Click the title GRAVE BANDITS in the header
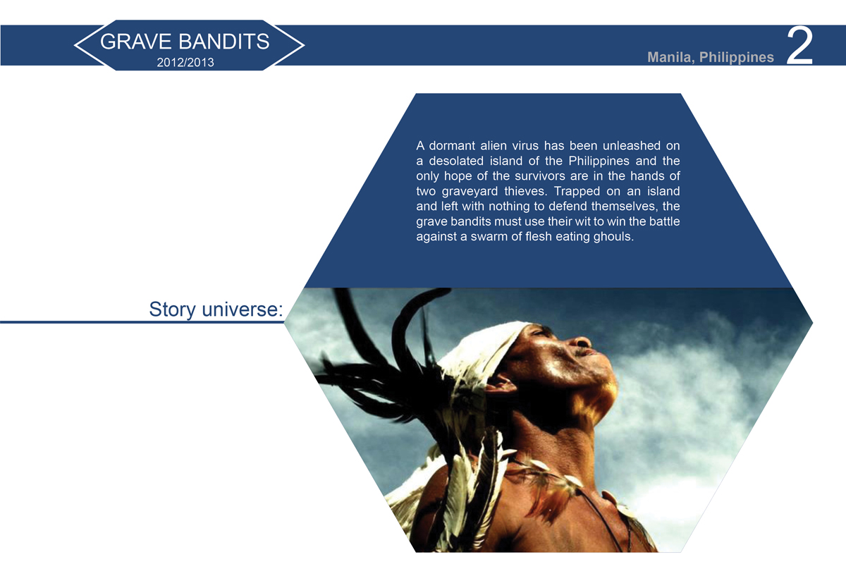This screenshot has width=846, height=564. coord(185,42)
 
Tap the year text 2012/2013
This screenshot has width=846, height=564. coord(185,62)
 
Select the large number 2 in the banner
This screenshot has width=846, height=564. coord(799,47)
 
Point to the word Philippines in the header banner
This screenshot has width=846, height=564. coord(737,57)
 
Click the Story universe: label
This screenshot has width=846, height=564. coord(216,309)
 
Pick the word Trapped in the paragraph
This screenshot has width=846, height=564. coord(577,192)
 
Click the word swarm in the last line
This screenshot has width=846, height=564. coord(487,237)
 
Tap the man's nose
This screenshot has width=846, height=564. coord(582,342)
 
